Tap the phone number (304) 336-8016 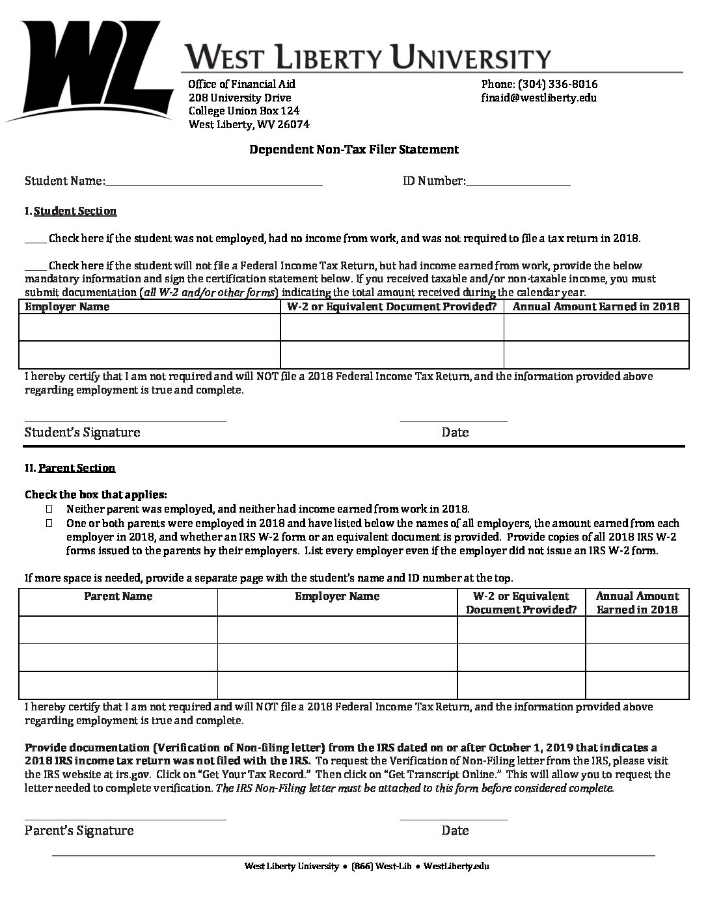(539, 84)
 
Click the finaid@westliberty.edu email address (538, 98)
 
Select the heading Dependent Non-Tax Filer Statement (354, 150)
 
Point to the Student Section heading (75, 211)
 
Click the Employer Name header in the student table (67, 306)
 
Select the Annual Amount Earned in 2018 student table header (596, 306)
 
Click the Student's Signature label (82, 432)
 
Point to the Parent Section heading (77, 468)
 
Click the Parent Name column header (118, 596)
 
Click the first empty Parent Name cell (118, 630)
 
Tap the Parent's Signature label (79, 830)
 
